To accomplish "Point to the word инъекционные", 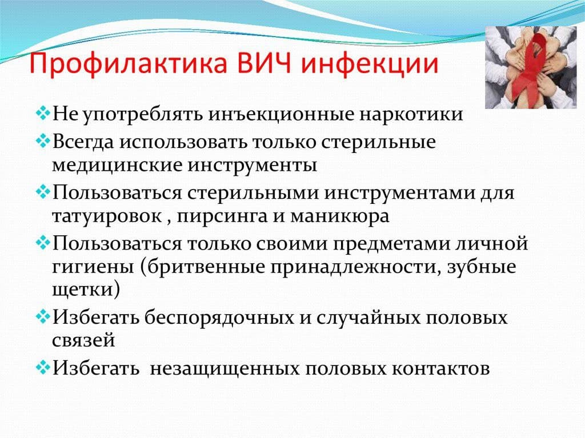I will (278, 114).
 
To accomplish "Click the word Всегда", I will (85, 140).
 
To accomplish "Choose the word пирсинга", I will (219, 217).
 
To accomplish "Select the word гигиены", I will (85, 267).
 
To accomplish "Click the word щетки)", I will (85, 291).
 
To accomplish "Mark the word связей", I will (84, 341).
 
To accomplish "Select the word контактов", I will (441, 367).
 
